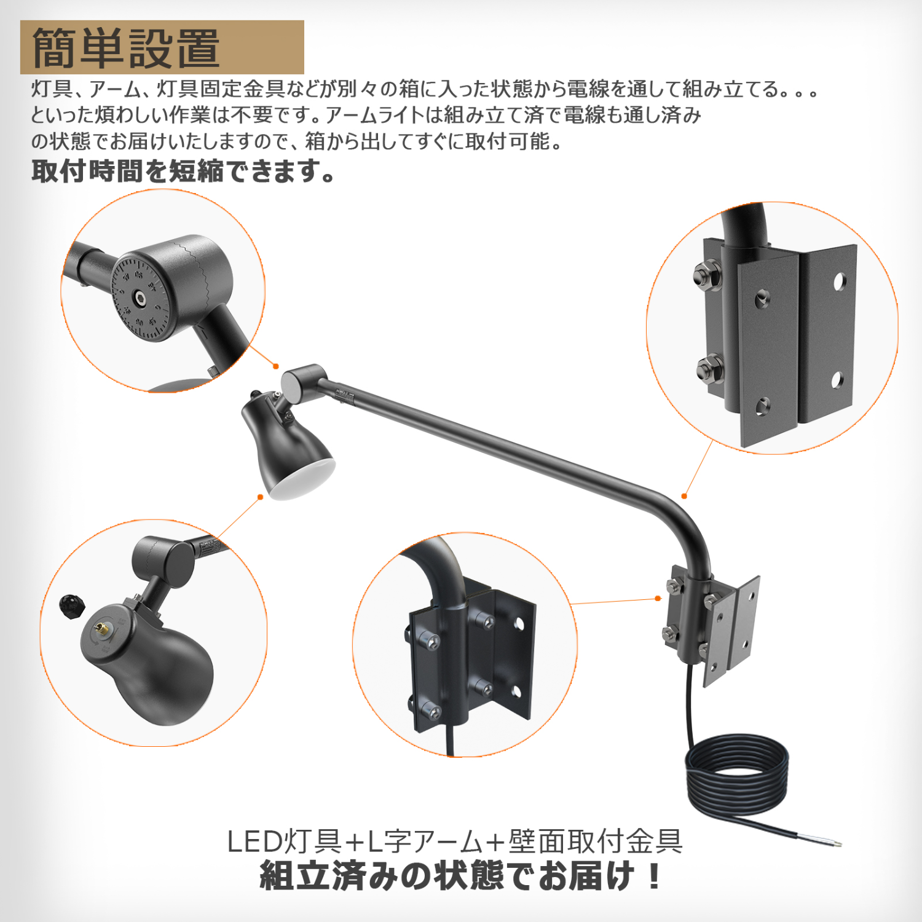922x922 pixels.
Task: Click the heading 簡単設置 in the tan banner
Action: [126, 48]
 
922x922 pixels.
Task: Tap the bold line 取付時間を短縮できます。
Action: [183, 171]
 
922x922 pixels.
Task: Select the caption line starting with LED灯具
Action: [455, 841]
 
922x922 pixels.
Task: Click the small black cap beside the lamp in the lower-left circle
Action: [72, 605]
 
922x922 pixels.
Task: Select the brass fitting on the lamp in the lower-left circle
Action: [99, 628]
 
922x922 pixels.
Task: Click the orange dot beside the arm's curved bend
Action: [684, 496]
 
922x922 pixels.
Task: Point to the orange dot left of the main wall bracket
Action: [658, 598]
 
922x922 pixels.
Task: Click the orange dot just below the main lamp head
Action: [261, 497]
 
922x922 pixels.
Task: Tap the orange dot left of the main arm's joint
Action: [276, 366]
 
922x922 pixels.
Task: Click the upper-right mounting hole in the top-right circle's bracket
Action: [838, 282]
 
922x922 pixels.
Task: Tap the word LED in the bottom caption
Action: [254, 842]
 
